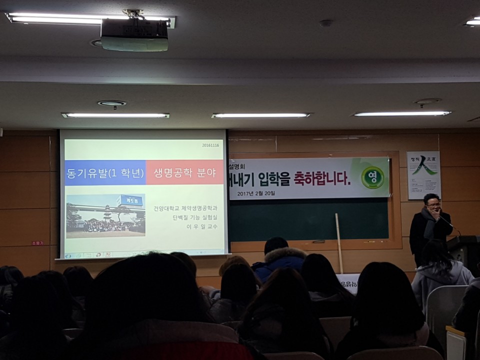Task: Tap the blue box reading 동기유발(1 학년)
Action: [105, 173]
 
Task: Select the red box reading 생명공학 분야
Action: [184, 173]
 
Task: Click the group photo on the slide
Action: [105, 215]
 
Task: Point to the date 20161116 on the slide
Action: [210, 145]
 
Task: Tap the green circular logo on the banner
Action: [372, 177]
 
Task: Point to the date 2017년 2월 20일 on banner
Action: [256, 193]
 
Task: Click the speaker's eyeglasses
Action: [433, 204]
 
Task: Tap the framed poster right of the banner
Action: [423, 175]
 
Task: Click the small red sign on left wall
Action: [37, 243]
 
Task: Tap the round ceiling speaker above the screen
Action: [111, 103]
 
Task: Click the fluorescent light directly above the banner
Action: [261, 115]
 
